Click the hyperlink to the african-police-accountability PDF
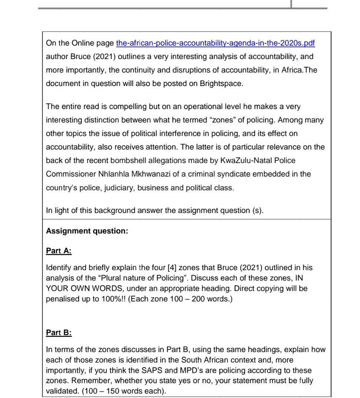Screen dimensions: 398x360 click(x=215, y=43)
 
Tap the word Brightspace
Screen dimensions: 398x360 click(x=221, y=83)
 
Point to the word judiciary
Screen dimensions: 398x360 click(x=119, y=188)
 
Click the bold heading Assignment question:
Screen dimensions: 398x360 click(x=87, y=231)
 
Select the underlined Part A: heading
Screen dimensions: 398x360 click(x=59, y=251)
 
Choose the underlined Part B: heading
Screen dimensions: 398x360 click(x=59, y=333)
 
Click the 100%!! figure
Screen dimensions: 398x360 click(x=114, y=299)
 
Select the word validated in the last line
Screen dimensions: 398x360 click(x=61, y=391)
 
